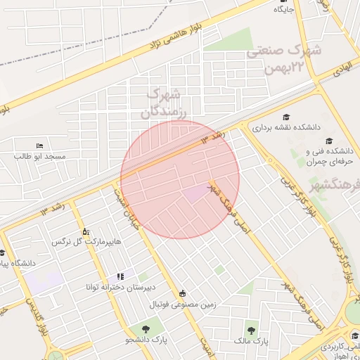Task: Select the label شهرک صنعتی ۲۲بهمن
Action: click(284, 59)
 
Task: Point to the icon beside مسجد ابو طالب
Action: click(39, 145)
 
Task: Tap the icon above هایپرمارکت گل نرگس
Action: click(86, 231)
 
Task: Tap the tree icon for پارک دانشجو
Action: click(146, 328)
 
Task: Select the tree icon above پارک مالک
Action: click(251, 329)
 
